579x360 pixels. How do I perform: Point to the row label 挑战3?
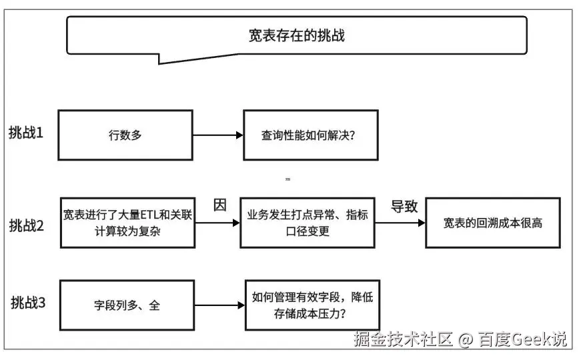(28, 303)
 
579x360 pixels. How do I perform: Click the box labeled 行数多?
(125, 135)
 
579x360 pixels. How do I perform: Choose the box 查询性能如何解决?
(311, 135)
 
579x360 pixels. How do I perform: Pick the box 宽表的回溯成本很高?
(493, 223)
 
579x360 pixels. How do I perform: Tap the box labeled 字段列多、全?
(127, 306)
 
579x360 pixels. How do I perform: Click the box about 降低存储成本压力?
(313, 305)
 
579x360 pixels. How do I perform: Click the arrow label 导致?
(404, 206)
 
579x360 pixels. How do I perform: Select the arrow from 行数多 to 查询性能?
(217, 135)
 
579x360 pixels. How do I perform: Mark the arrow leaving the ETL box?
(217, 223)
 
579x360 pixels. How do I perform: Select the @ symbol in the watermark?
(465, 340)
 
